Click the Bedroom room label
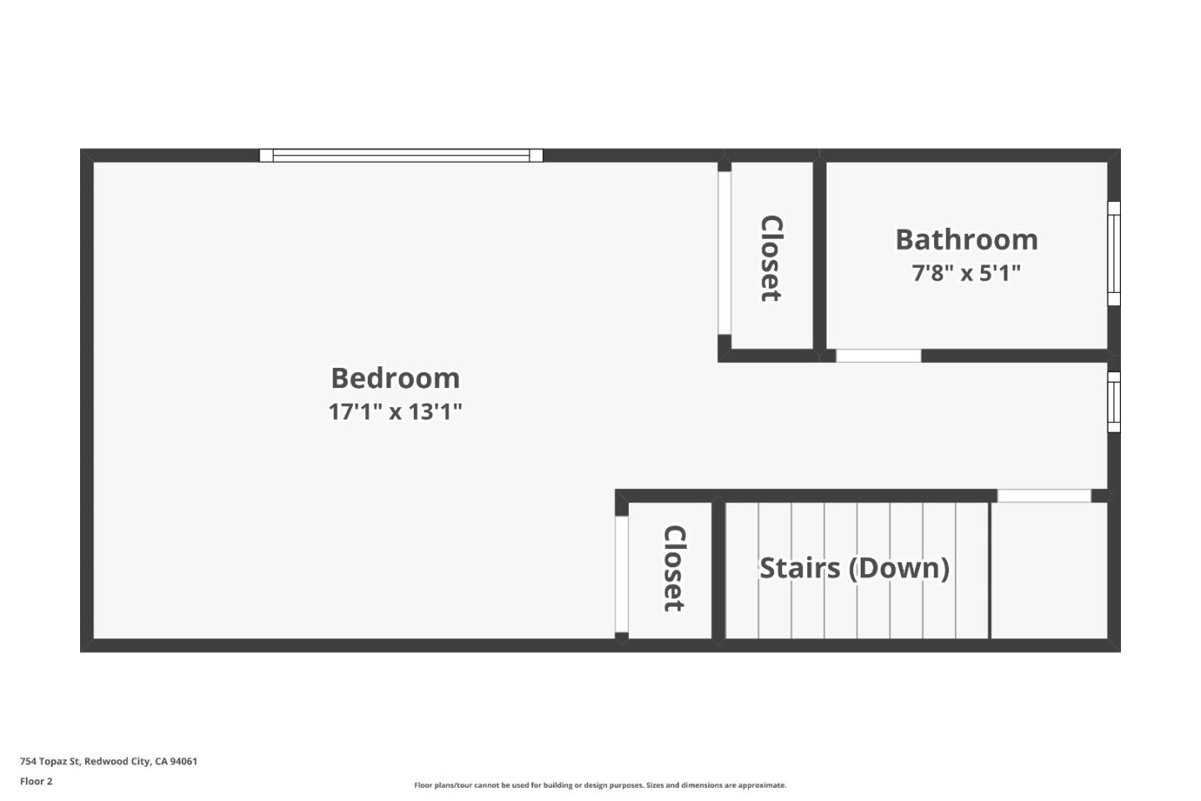[395, 378]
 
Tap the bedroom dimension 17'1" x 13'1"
[395, 411]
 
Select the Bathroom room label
[967, 239]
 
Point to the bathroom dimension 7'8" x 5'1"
[967, 273]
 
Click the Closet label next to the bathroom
[771, 259]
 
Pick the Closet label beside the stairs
[674, 568]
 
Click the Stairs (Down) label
[854, 568]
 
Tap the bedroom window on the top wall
[401, 155]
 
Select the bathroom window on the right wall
[1113, 254]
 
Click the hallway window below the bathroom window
[1113, 402]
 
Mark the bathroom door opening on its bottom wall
[878, 355]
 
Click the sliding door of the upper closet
[724, 253]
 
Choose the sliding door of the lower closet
[621, 574]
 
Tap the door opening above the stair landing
[1044, 496]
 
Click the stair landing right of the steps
[1049, 571]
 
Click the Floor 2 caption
[36, 781]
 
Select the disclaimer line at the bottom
[600, 785]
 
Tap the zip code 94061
[183, 761]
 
